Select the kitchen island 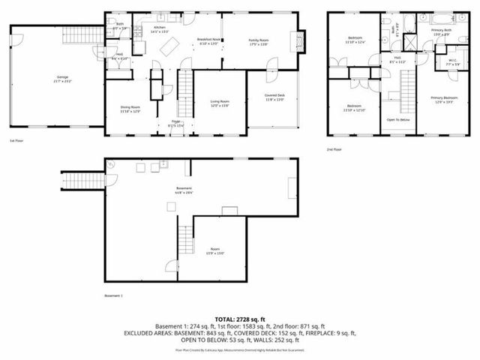pyautogui.click(x=170, y=47)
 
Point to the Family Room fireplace pyautogui.click(x=303, y=42)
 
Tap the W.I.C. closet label pyautogui.click(x=453, y=61)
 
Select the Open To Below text pyautogui.click(x=398, y=120)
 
